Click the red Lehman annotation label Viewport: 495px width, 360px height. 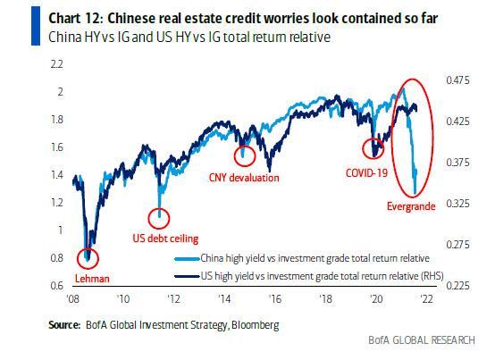[91, 278]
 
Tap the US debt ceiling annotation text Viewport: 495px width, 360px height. [178, 239]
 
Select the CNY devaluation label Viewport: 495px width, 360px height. [245, 178]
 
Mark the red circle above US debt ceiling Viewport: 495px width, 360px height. [160, 215]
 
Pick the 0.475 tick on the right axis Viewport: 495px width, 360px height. [458, 80]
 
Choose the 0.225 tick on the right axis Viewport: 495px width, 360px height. [458, 286]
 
